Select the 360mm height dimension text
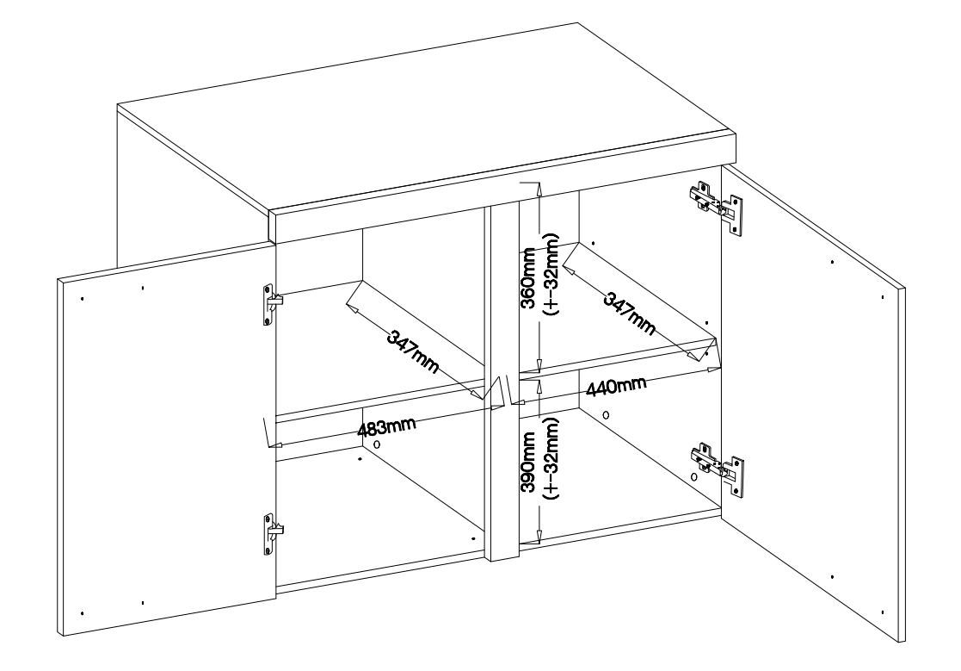click(x=528, y=277)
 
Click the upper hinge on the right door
click(x=716, y=203)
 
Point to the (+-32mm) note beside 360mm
click(x=551, y=277)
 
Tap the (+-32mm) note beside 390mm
click(x=551, y=458)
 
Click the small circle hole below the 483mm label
click(x=375, y=444)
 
